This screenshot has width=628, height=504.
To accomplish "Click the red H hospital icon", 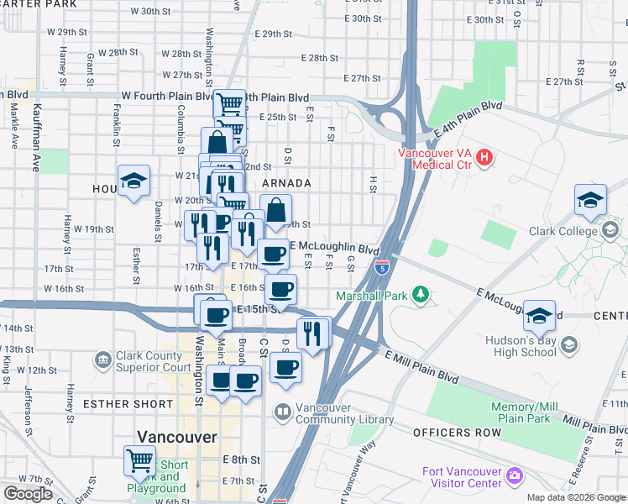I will point(484,156).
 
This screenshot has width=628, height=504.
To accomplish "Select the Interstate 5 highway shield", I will point(382,268).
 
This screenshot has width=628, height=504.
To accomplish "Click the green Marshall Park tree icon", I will point(426,296).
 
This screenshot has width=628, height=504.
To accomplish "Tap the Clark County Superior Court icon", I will point(102,360).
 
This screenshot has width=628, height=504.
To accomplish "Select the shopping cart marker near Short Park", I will point(140,460).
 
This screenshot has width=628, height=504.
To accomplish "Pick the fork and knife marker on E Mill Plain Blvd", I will point(313,333).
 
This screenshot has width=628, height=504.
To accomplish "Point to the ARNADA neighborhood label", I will point(286,183).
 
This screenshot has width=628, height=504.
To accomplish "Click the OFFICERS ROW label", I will point(457,432).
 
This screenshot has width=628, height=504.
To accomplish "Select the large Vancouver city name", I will point(177,438).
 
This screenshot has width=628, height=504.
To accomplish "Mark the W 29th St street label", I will point(67,31).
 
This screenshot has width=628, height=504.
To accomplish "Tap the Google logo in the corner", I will point(28,494).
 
